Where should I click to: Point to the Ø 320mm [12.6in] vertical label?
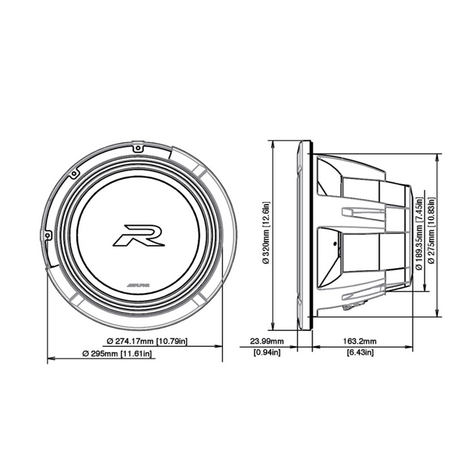pos(266,235)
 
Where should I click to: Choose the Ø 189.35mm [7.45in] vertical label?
pos(419,235)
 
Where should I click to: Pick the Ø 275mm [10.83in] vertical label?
pos(431,235)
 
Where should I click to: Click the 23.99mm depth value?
pos(266,342)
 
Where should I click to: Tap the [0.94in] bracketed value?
pos(266,353)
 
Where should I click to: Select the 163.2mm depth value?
pos(360,342)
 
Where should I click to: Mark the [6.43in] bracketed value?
pos(360,353)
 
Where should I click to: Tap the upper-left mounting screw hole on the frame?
pos(73,174)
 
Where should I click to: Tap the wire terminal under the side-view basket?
pos(351,308)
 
